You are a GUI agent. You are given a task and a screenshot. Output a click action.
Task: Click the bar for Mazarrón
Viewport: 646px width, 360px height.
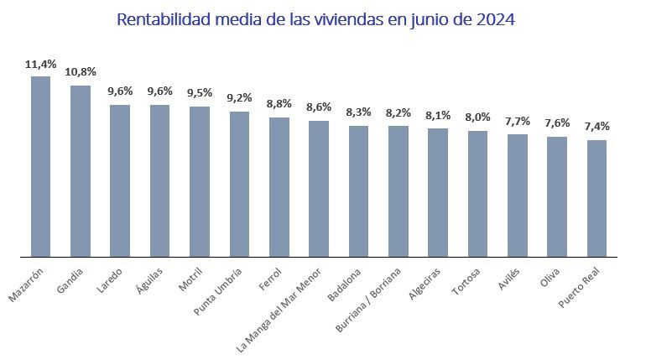40,166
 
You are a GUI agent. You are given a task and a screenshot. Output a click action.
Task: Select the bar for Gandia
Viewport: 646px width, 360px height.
81,170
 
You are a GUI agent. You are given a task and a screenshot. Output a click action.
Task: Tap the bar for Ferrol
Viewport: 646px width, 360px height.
279,186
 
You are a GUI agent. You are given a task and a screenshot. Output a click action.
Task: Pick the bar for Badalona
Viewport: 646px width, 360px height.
358,190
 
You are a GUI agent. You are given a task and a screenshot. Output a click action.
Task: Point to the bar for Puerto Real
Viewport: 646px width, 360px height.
597,198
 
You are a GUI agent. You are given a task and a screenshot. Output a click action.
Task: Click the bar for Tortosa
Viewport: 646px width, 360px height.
477,193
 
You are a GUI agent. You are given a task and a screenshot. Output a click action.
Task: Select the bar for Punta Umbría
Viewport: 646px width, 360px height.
239,184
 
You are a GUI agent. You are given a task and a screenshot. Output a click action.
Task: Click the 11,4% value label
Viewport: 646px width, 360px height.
40,64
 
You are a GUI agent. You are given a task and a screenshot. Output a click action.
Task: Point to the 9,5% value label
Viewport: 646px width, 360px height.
200,93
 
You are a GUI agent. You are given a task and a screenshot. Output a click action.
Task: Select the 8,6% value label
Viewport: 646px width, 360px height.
319,107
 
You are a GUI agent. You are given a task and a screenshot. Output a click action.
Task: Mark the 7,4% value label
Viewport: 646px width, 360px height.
597,127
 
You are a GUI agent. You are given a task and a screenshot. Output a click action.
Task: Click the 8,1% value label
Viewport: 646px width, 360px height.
438,115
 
